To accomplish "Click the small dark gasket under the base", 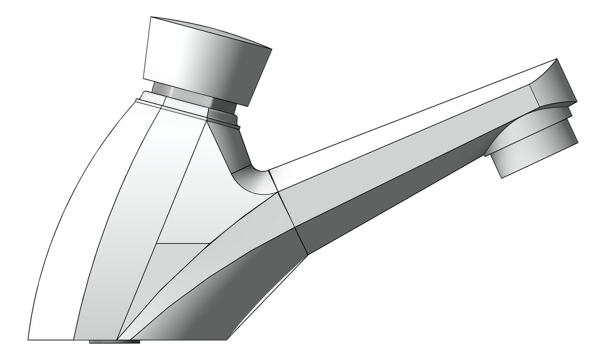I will tap(114, 342).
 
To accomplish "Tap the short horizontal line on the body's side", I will tap(183, 244).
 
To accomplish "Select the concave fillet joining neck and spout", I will tap(253, 180).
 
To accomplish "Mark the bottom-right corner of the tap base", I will tap(227, 339).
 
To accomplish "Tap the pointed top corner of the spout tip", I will tap(557, 59).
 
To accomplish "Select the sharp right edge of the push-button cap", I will tap(271, 49).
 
